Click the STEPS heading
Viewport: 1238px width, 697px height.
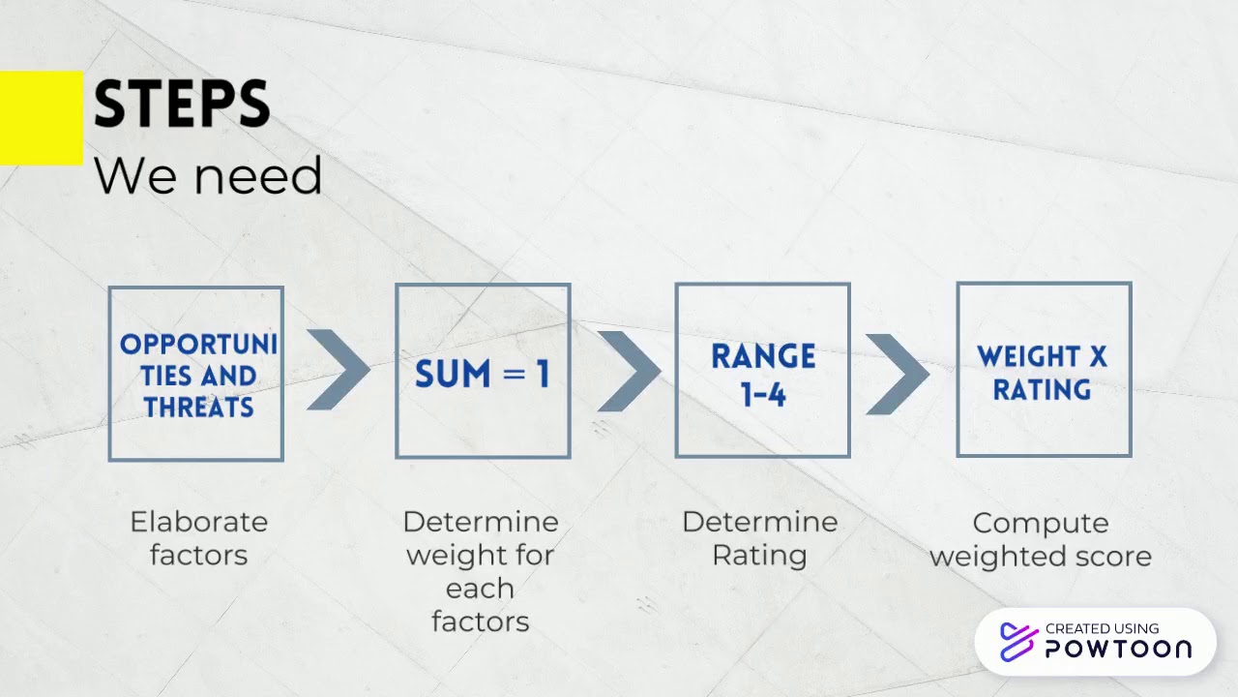pyautogui.click(x=181, y=105)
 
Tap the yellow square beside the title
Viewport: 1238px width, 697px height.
pyautogui.click(x=41, y=118)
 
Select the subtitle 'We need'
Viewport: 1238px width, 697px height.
pyautogui.click(x=207, y=176)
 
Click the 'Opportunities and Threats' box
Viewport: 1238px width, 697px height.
pyautogui.click(x=195, y=373)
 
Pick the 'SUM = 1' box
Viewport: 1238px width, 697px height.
pyautogui.click(x=483, y=371)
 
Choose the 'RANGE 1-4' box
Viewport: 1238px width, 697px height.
pyautogui.click(x=762, y=370)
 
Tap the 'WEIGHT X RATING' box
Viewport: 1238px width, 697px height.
pyautogui.click(x=1044, y=369)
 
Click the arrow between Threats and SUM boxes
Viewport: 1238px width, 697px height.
pyautogui.click(x=338, y=369)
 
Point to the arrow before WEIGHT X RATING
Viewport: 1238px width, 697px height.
pyautogui.click(x=897, y=374)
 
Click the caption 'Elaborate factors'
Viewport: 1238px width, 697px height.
pyautogui.click(x=198, y=538)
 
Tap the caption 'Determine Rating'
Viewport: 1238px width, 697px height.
pyautogui.click(x=759, y=538)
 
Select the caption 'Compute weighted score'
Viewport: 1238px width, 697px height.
pyautogui.click(x=1041, y=539)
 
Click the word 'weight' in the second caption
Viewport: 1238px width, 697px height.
pyautogui.click(x=448, y=556)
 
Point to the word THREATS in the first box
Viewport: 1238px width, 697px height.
pyautogui.click(x=198, y=407)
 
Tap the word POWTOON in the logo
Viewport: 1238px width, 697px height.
pyautogui.click(x=1118, y=650)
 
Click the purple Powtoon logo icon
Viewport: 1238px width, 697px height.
pyautogui.click(x=1017, y=642)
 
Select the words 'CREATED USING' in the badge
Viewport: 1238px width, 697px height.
pyautogui.click(x=1102, y=628)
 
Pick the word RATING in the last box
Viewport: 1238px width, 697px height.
pyautogui.click(x=1042, y=390)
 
